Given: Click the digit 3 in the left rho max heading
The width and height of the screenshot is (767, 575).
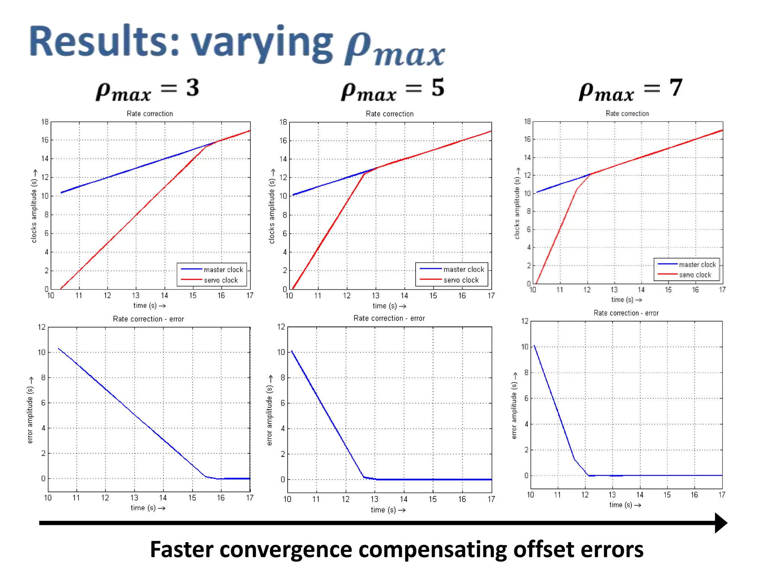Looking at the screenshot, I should coord(192,88).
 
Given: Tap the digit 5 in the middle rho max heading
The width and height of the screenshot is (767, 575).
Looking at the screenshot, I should coord(437,88).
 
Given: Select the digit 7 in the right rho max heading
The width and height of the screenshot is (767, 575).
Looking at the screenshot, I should coord(676,88).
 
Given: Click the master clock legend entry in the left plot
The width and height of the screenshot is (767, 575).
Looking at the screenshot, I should coord(223,270).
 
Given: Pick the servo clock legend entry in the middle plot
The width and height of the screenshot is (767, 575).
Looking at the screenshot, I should coord(461,280).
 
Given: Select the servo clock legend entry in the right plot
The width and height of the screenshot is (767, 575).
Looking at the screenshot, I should coord(695,275).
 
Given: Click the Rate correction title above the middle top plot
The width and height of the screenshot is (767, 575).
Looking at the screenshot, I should coord(389,114).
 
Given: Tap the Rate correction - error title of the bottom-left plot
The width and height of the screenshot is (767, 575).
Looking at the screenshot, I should coord(148,319).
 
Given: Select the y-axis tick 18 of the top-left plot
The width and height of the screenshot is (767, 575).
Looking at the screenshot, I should coord(45,122).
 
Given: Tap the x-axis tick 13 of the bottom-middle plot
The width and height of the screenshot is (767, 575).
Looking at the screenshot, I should coord(374,499).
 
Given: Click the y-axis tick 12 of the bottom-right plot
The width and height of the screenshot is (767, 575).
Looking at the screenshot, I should coord(525,321).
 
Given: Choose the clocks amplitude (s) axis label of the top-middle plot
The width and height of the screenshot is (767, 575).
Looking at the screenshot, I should coord(272,211).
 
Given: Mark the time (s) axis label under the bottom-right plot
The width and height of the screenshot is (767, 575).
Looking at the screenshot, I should coord(621,505).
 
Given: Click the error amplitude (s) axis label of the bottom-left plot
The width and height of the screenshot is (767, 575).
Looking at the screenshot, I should coord(30,415).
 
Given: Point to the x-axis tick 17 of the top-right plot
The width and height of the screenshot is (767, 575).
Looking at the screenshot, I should coord(722,289).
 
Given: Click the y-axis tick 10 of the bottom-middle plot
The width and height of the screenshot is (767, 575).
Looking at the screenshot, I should coord(281,352).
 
